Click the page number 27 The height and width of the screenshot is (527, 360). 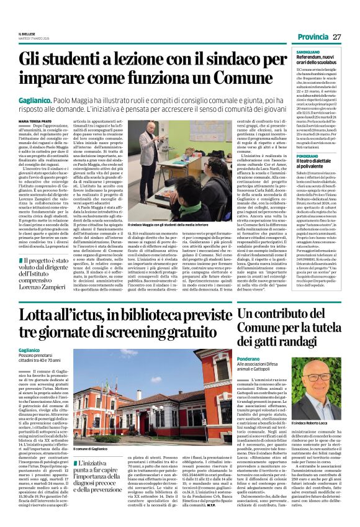[337, 37]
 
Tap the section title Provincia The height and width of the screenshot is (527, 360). [312, 37]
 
